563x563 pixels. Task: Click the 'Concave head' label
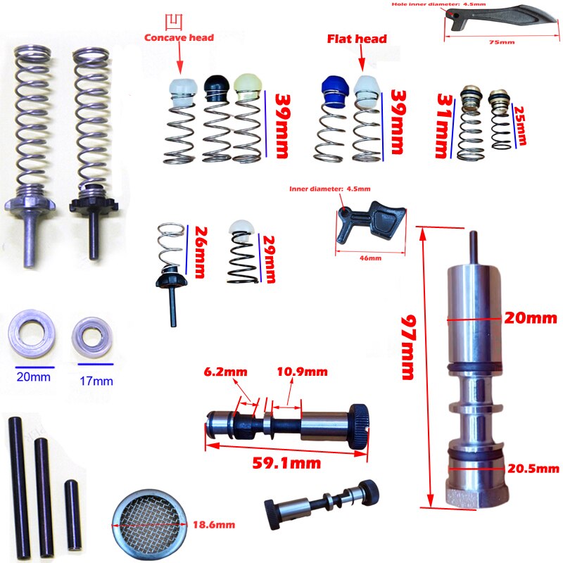click(x=179, y=38)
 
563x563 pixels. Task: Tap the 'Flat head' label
click(x=357, y=39)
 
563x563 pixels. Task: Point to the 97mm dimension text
click(x=408, y=347)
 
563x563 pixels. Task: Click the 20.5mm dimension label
click(x=533, y=468)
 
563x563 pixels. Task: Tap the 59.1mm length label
click(x=286, y=463)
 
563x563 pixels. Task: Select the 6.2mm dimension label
click(x=225, y=372)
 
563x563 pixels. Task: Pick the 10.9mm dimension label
click(x=302, y=372)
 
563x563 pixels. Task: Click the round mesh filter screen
click(x=149, y=525)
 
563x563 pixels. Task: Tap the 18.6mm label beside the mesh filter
click(x=214, y=524)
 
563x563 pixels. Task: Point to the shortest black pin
click(x=73, y=516)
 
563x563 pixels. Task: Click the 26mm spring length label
click(x=199, y=252)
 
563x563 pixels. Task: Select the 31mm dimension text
click(x=444, y=126)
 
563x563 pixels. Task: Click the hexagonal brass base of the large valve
click(x=478, y=495)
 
